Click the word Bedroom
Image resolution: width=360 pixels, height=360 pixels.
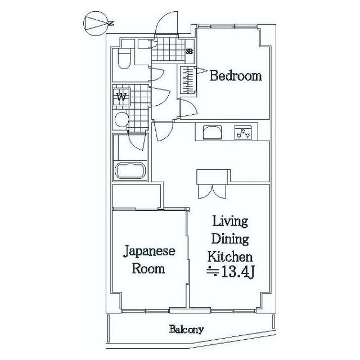point(236,76)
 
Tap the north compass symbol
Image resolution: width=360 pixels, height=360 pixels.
point(97,24)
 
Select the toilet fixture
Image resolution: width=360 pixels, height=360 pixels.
point(124,58)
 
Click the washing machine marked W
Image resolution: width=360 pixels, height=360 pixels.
point(121,97)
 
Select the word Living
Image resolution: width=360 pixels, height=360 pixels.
point(229,222)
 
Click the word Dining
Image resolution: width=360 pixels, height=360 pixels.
point(230,239)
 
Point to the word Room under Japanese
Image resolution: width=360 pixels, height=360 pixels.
point(148,269)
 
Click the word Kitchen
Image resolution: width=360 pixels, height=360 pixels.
point(230,256)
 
